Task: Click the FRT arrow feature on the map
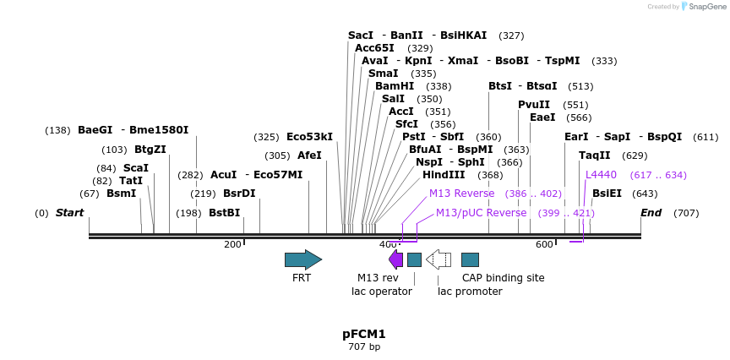(302, 259)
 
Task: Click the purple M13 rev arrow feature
(395, 259)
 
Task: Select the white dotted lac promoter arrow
(438, 259)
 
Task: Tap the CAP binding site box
(470, 259)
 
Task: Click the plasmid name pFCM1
(364, 334)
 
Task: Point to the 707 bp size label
(364, 346)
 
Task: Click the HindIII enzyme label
(444, 175)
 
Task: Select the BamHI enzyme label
(395, 86)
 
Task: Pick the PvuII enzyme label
(534, 105)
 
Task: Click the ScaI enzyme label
(135, 168)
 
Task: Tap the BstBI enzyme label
(224, 213)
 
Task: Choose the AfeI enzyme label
(309, 155)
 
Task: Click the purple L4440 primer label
(601, 175)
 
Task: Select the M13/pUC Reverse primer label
(481, 213)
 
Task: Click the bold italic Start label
(69, 213)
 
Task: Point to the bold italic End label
(651, 213)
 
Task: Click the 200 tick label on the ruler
(232, 244)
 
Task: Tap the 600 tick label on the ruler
(544, 244)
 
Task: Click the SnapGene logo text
(708, 7)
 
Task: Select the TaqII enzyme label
(594, 155)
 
